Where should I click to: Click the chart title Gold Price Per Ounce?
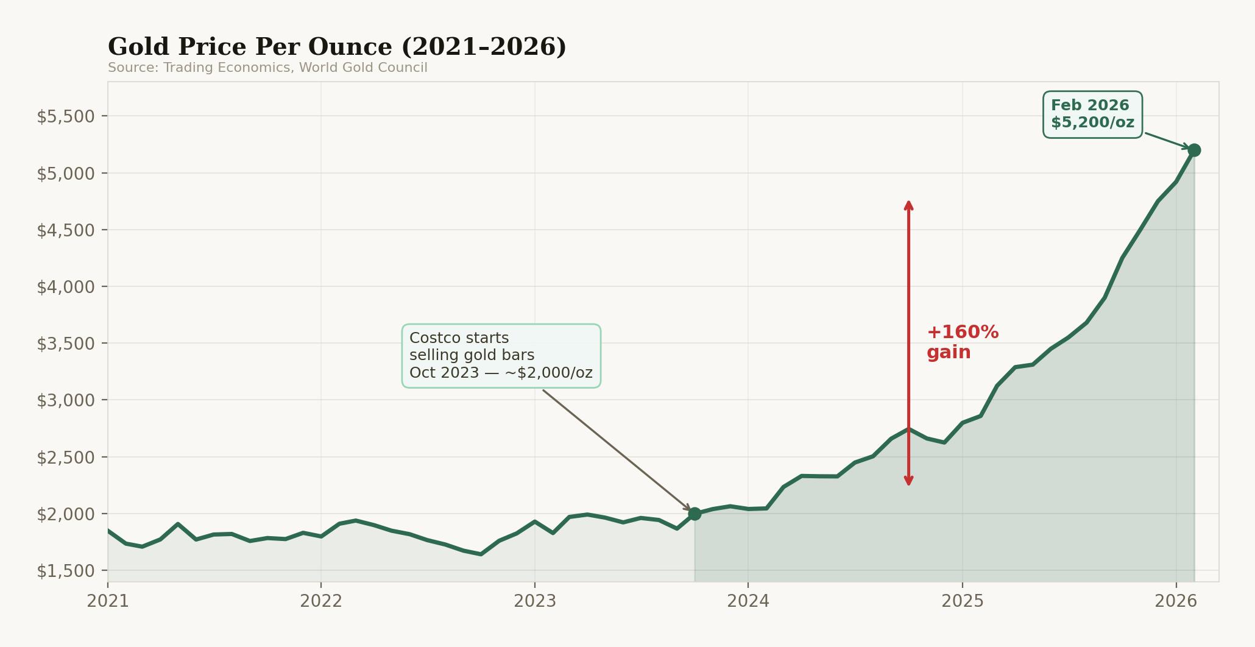tap(336, 47)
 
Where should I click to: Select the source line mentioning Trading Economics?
tap(267, 68)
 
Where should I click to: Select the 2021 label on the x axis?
tap(108, 601)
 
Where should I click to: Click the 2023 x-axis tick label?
tap(535, 601)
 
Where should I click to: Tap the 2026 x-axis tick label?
tap(1176, 601)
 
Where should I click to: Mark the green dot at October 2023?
tap(695, 514)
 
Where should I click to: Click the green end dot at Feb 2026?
tap(1194, 150)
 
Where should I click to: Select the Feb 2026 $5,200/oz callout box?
tap(1092, 115)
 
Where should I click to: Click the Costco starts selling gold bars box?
tap(501, 356)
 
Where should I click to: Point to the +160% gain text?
tap(962, 342)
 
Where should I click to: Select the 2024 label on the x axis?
tap(748, 601)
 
